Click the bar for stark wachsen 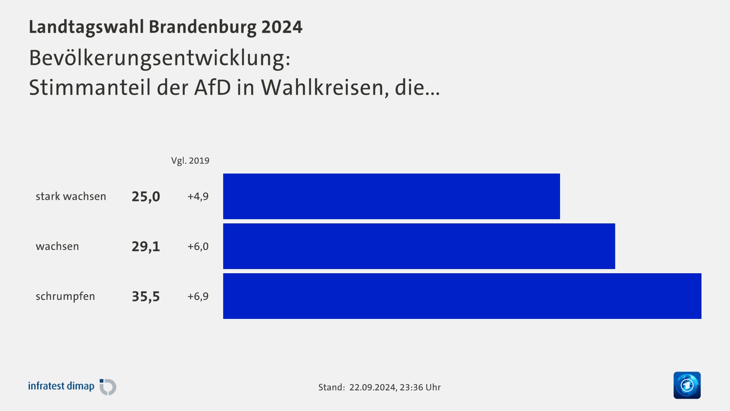click(x=391, y=196)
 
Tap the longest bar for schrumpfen click(x=462, y=296)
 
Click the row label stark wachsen click(x=71, y=196)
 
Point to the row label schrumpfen click(x=65, y=296)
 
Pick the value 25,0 click(x=146, y=197)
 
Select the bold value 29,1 click(x=146, y=247)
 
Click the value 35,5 click(x=146, y=296)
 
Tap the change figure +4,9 click(x=198, y=196)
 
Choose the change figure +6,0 click(x=198, y=246)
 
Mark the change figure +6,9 click(x=198, y=296)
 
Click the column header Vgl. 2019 click(x=190, y=161)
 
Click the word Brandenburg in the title click(x=202, y=27)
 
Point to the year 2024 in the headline click(x=282, y=27)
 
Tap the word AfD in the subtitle click(x=213, y=88)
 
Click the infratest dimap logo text click(x=61, y=386)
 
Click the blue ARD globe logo click(x=687, y=385)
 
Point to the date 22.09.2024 click(x=373, y=387)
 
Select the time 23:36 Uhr click(x=420, y=387)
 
